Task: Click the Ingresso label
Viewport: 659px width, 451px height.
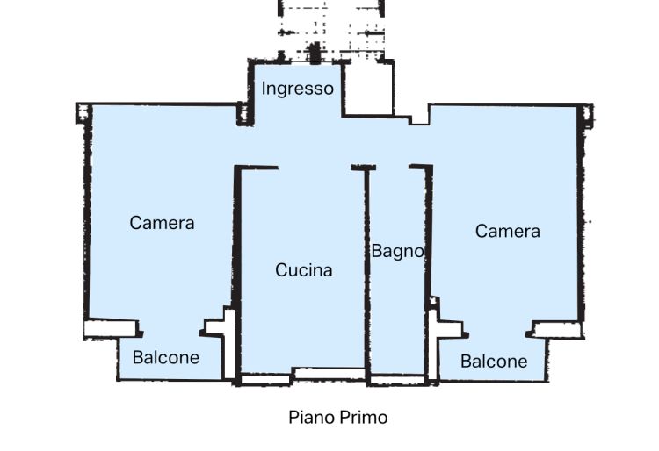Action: click(x=298, y=89)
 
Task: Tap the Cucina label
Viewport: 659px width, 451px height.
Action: click(x=304, y=269)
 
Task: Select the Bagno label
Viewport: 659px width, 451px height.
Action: click(x=397, y=252)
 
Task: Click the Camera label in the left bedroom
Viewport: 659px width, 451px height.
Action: click(x=162, y=223)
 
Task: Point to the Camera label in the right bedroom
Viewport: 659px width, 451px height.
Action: click(x=508, y=231)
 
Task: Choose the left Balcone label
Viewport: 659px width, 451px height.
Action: click(x=166, y=357)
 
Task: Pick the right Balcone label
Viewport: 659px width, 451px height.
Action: click(x=494, y=362)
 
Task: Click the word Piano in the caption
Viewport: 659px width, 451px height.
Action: click(x=311, y=418)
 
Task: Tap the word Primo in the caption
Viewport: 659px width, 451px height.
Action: click(x=364, y=418)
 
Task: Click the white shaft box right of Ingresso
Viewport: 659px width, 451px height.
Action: click(x=368, y=89)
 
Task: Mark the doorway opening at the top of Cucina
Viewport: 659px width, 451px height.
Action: click(x=315, y=168)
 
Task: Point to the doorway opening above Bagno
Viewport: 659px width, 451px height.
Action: click(x=392, y=168)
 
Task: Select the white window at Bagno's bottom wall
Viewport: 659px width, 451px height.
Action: click(x=397, y=381)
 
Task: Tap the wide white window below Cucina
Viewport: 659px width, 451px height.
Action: click(x=329, y=374)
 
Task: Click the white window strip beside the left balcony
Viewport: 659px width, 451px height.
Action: click(x=111, y=329)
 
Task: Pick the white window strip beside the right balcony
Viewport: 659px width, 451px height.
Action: click(x=557, y=330)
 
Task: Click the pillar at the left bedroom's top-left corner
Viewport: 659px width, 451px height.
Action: click(x=83, y=113)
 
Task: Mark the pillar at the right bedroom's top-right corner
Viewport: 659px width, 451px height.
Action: click(x=586, y=116)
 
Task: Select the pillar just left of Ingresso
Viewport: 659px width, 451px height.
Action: click(x=245, y=114)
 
